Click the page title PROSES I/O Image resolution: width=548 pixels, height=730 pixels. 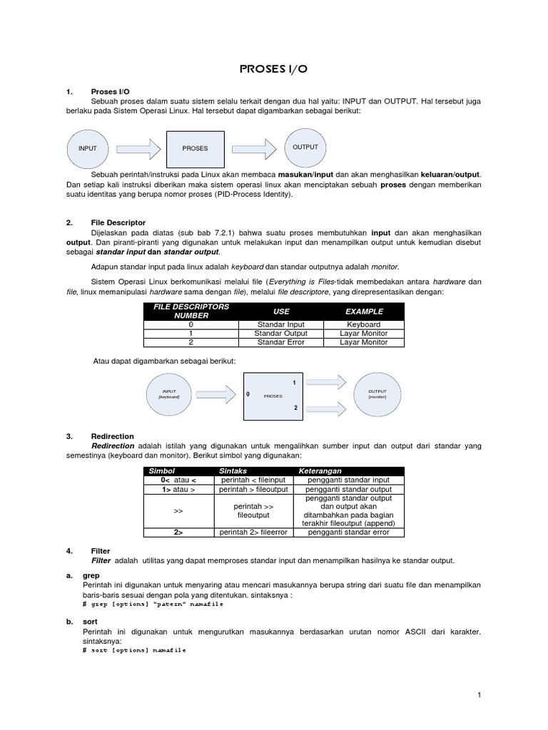(x=274, y=69)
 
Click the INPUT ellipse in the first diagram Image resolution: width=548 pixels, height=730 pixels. (x=88, y=148)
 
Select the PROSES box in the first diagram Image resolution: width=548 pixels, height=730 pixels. (x=195, y=148)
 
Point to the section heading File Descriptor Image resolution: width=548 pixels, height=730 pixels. (x=118, y=222)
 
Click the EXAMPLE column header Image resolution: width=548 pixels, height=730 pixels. (x=364, y=312)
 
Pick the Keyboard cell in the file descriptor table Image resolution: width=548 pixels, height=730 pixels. (x=364, y=324)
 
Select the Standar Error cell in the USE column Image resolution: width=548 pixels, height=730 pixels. (x=282, y=342)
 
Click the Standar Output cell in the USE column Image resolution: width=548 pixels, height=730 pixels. (x=282, y=333)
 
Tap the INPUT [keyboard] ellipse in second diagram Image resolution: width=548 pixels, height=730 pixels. (x=169, y=394)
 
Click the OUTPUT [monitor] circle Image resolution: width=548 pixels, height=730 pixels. (x=377, y=394)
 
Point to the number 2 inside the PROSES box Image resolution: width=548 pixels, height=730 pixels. (x=295, y=408)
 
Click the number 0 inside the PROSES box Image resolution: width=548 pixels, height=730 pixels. (x=248, y=394)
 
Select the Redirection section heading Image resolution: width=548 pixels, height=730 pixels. (x=113, y=436)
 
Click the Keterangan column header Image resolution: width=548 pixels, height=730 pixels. (x=320, y=471)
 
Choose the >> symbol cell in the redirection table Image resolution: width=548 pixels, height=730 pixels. (x=178, y=511)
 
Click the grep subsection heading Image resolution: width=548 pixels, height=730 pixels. (x=91, y=575)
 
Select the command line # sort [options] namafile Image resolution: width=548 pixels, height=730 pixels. (x=134, y=650)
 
